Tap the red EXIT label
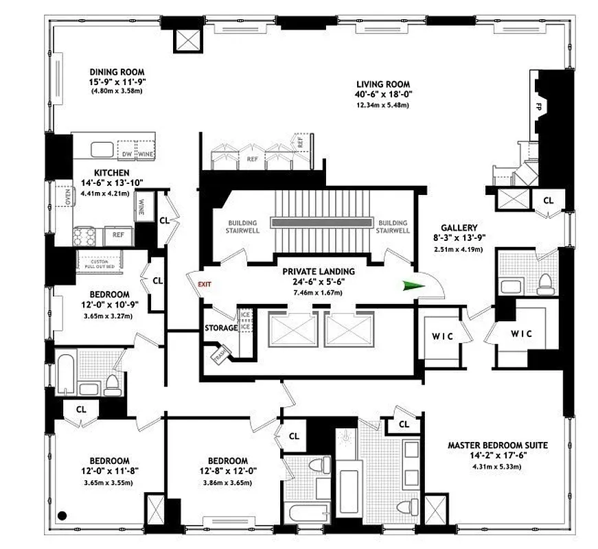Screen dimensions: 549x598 point(205,283)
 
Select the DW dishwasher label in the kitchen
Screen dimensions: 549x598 point(126,154)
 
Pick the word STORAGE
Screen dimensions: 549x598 point(220,328)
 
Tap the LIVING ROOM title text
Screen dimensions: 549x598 point(381,82)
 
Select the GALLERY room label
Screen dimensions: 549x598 point(460,227)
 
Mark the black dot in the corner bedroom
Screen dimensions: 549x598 point(62,515)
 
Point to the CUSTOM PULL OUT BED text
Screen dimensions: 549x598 point(100,262)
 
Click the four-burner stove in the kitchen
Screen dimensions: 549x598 point(84,237)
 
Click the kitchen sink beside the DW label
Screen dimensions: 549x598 point(104,150)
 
